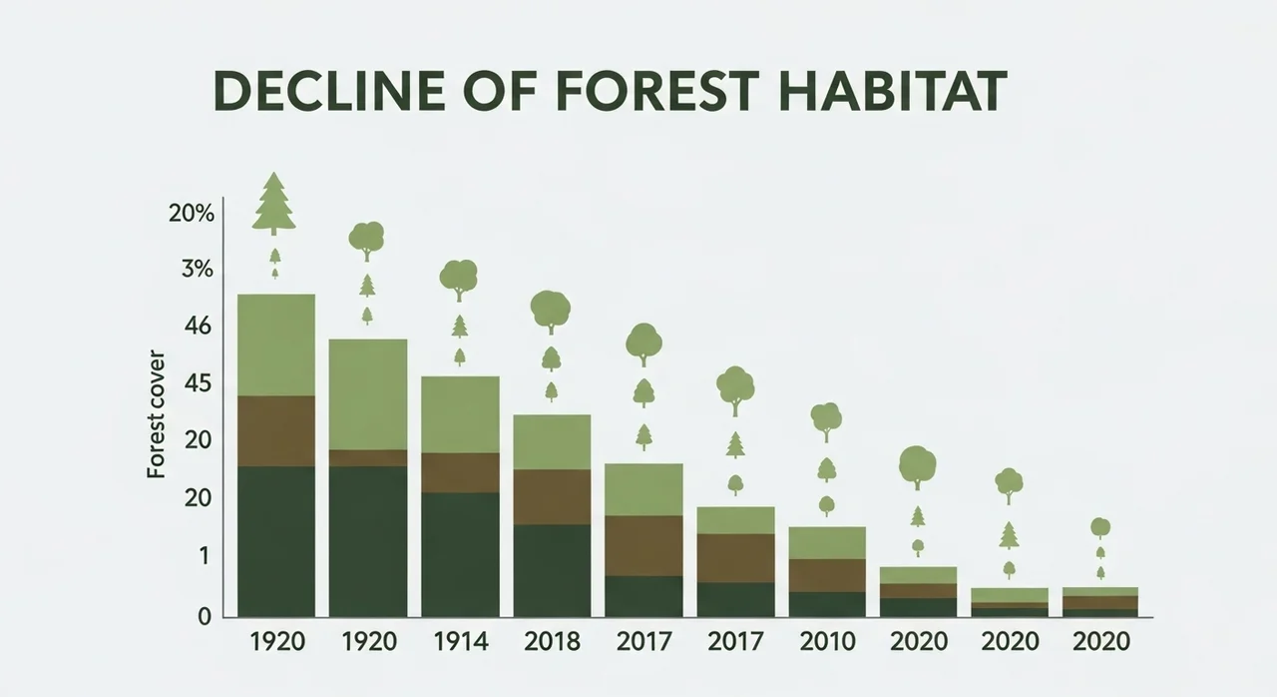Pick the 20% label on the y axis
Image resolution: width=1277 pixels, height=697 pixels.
click(191, 213)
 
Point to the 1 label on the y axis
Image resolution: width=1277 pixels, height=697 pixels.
click(203, 555)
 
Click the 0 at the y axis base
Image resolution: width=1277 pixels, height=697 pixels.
click(203, 616)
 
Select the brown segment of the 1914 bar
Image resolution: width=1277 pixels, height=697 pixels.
click(460, 472)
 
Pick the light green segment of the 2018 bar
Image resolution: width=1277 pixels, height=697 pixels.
click(552, 441)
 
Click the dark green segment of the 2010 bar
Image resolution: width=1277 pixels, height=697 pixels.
click(827, 604)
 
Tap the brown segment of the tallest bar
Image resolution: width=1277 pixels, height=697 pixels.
click(276, 430)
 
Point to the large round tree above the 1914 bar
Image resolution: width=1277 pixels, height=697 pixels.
click(459, 278)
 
